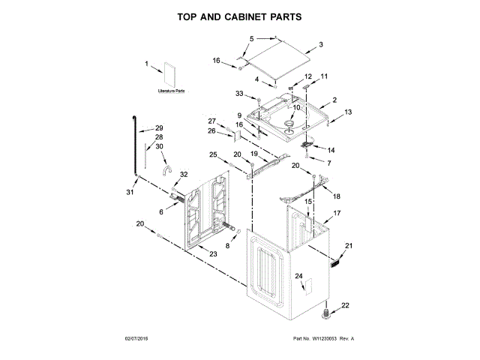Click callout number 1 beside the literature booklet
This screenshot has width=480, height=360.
pyautogui.click(x=147, y=64)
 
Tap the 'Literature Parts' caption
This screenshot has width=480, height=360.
pyautogui.click(x=172, y=91)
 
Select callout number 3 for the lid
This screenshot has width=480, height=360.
pyautogui.click(x=321, y=45)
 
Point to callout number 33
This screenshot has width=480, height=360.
pyautogui.click(x=239, y=94)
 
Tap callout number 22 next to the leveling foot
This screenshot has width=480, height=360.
pyautogui.click(x=345, y=304)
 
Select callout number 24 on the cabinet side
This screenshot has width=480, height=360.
pyautogui.click(x=299, y=277)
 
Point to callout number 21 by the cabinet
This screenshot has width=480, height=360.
pyautogui.click(x=348, y=246)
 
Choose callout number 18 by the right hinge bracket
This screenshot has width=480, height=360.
pyautogui.click(x=336, y=196)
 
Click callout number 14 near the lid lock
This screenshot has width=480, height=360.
pyautogui.click(x=331, y=149)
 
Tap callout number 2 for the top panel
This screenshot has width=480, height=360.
pyautogui.click(x=334, y=100)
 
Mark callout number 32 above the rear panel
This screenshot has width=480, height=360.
pyautogui.click(x=184, y=175)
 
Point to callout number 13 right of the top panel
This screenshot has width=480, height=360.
pyautogui.click(x=347, y=112)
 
